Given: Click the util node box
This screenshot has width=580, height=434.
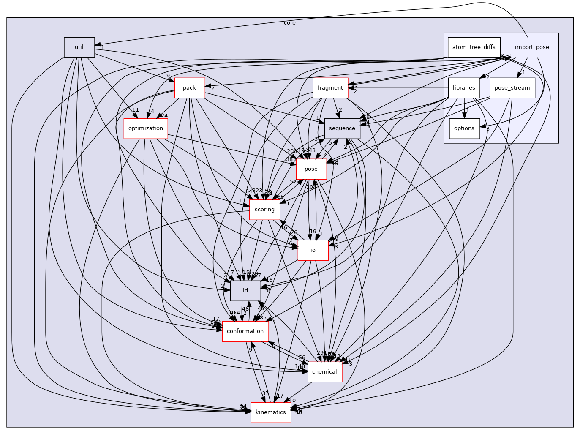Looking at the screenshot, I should (x=79, y=47).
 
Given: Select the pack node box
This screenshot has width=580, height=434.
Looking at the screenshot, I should (x=189, y=88).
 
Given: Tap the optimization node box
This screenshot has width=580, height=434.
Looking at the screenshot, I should (x=145, y=128).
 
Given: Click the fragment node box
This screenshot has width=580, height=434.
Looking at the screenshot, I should (x=330, y=88).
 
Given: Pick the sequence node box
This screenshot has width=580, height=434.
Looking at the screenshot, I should (x=342, y=128).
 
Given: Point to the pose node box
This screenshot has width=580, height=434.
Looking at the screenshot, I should (x=311, y=169).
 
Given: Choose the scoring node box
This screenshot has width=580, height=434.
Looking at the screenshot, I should (x=264, y=210).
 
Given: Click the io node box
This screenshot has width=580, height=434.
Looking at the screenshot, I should (x=313, y=250).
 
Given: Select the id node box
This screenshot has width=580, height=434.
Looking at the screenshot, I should (x=245, y=291).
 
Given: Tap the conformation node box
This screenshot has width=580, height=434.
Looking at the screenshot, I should (x=245, y=331).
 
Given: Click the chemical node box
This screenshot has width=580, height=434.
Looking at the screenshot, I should (x=324, y=372).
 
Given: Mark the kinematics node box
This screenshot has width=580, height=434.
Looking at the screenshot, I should (x=270, y=412).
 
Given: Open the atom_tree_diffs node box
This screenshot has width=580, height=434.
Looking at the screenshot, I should (x=474, y=47).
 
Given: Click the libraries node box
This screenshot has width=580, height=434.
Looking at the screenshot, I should (x=464, y=88).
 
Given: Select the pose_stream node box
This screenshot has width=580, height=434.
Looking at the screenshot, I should (x=512, y=88).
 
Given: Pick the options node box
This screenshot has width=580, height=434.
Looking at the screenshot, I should (x=464, y=128).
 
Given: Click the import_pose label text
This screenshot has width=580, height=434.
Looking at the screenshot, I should (x=532, y=47).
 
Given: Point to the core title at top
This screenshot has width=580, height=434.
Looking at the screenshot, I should (x=290, y=23).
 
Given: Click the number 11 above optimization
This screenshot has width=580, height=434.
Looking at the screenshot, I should (x=135, y=110).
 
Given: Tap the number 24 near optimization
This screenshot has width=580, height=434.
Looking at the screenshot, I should (x=164, y=116).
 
